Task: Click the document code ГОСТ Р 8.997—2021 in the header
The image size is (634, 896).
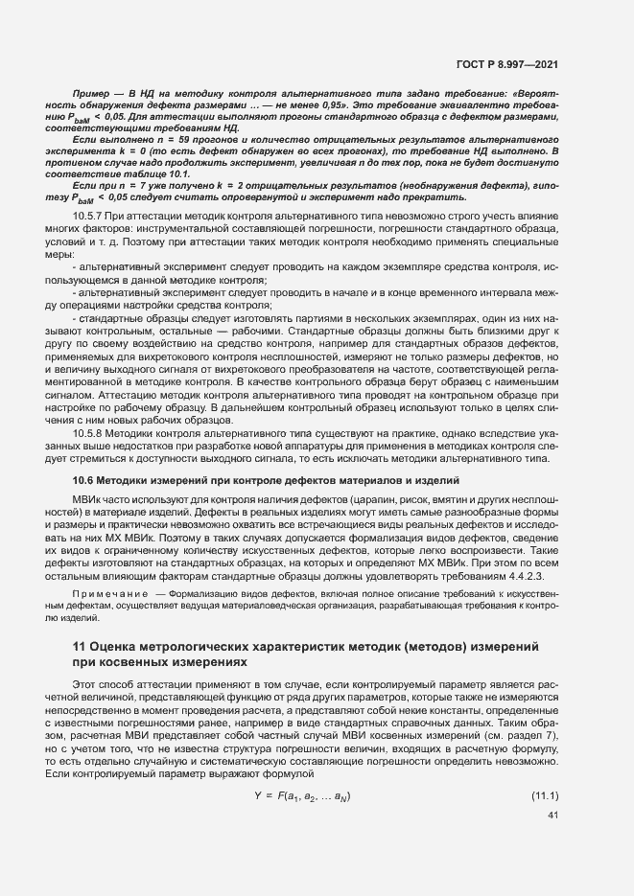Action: coord(515,63)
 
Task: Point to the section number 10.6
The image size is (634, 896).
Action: coord(86,478)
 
